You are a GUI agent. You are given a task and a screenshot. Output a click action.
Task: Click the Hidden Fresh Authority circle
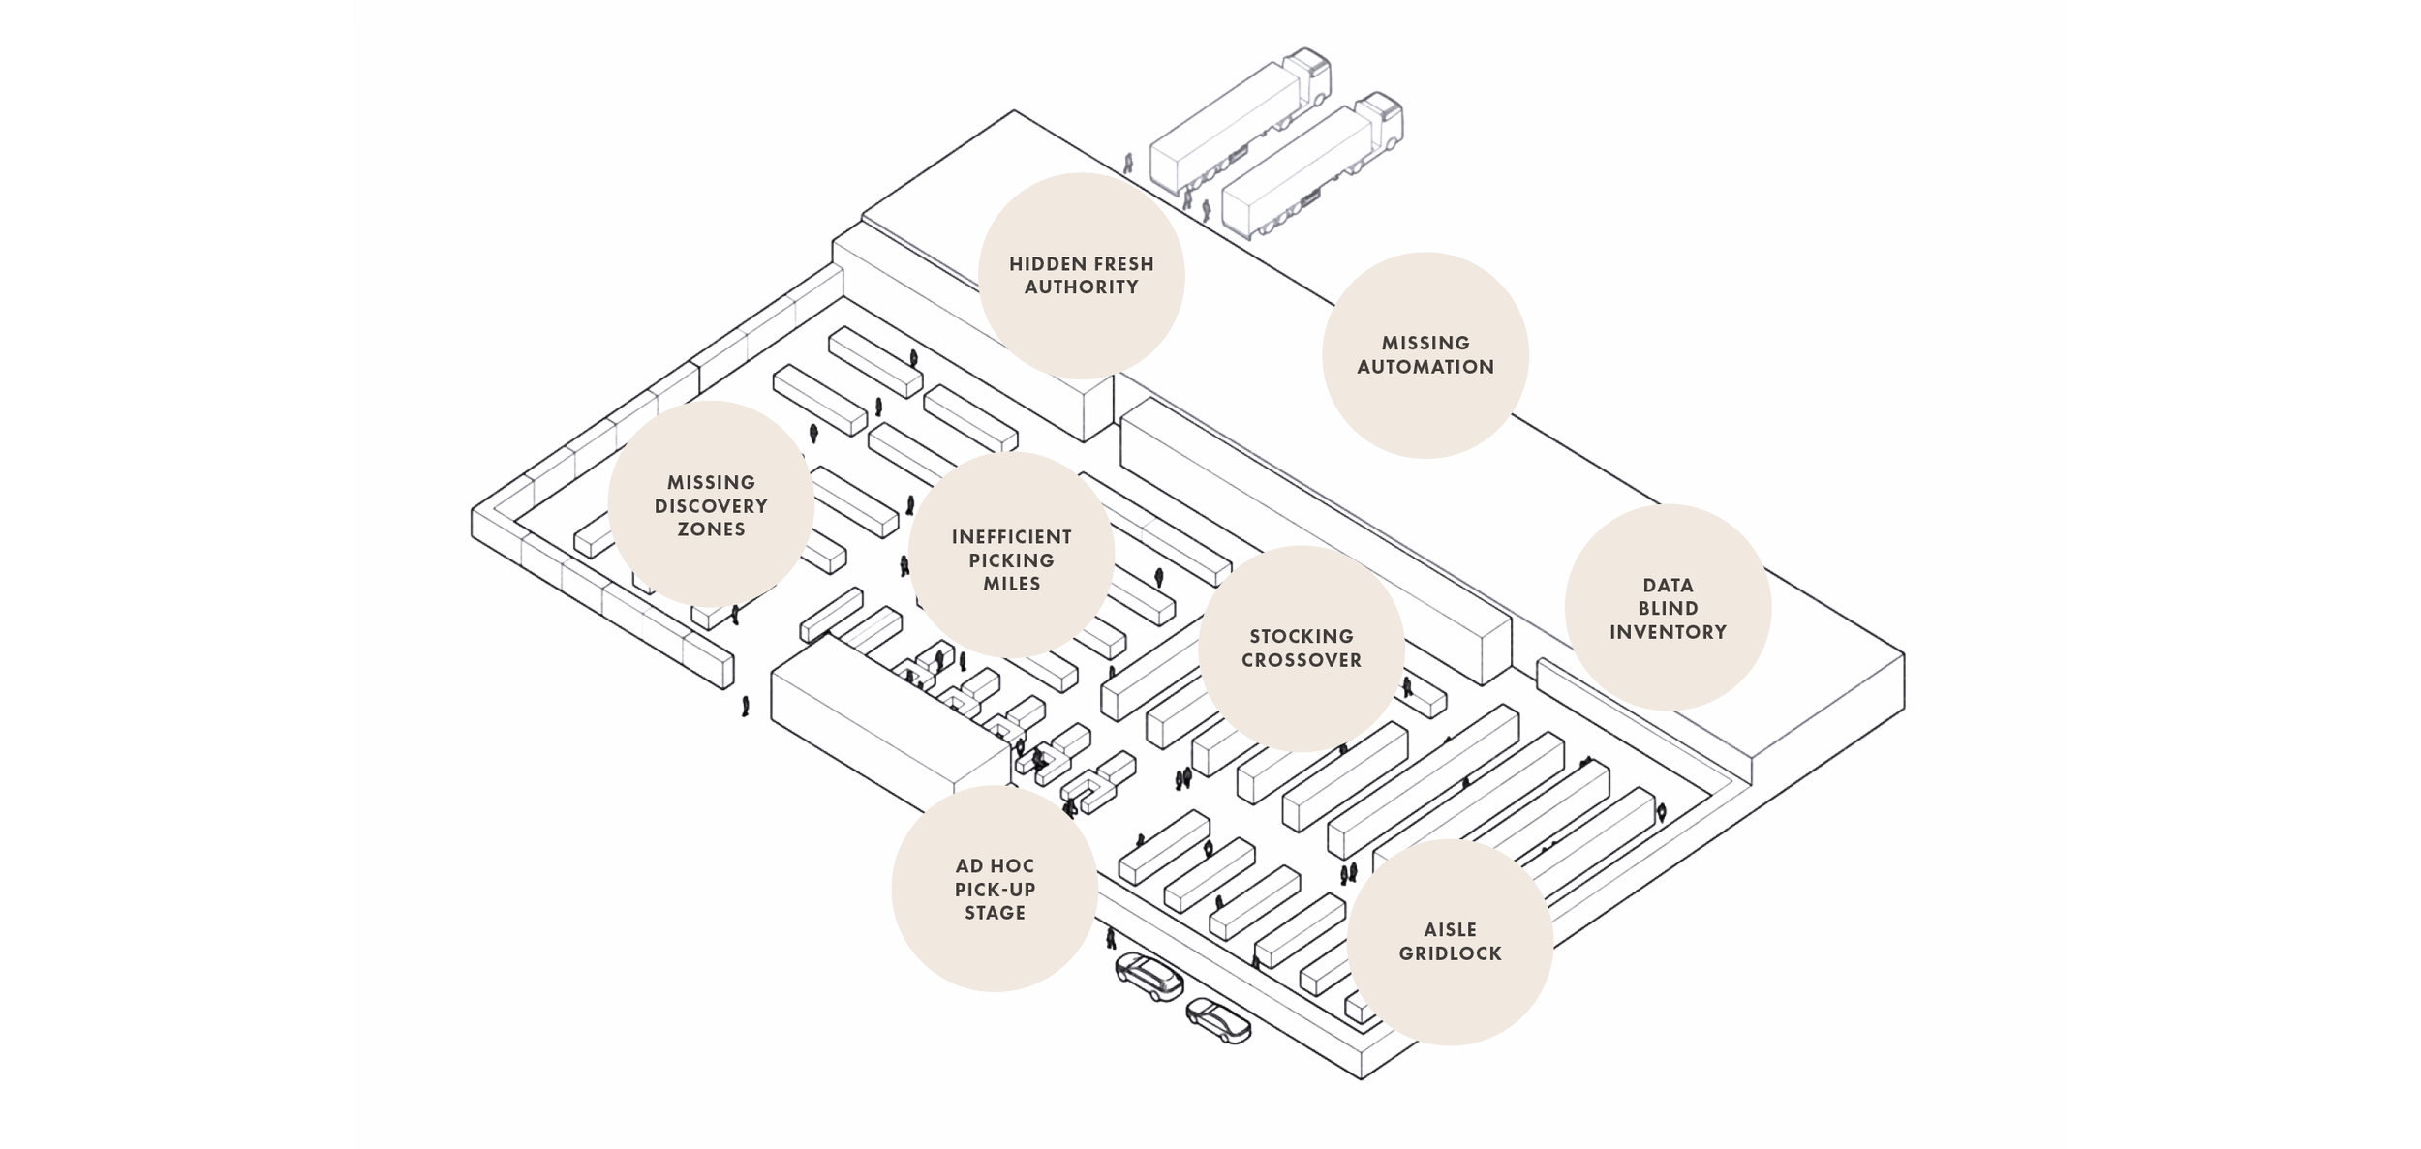1081,276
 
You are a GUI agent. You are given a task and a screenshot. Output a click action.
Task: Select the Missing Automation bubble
1425,355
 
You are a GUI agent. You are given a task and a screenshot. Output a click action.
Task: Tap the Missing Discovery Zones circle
711,504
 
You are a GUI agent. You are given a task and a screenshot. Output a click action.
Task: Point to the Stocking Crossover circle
1302,648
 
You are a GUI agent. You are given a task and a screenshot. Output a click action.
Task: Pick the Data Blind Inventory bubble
1668,608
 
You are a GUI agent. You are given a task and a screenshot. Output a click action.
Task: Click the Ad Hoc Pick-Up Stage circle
995,889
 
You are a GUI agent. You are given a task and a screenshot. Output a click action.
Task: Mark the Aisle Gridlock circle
1450,941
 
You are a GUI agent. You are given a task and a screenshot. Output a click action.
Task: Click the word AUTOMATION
1425,367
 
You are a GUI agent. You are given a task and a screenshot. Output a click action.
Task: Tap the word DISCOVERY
711,505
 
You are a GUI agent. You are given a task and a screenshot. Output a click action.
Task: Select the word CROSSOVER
1302,660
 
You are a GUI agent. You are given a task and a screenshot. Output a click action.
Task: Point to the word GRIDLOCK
1450,953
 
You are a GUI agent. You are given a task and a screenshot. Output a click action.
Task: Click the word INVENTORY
1668,632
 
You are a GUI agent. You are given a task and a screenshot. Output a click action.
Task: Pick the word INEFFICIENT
1012,536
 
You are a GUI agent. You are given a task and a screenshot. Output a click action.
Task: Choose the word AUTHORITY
1081,287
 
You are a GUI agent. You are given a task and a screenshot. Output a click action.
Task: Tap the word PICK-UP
995,890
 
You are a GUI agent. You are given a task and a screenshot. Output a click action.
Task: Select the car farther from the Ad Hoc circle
1219,1021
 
